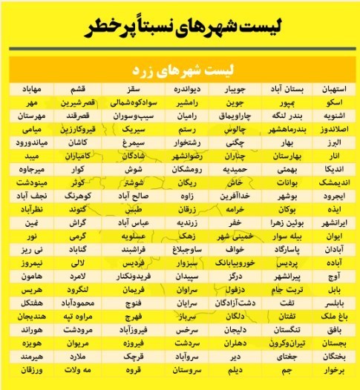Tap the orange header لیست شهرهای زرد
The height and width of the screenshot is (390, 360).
[x=180, y=71]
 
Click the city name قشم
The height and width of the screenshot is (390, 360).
[x=83, y=90]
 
